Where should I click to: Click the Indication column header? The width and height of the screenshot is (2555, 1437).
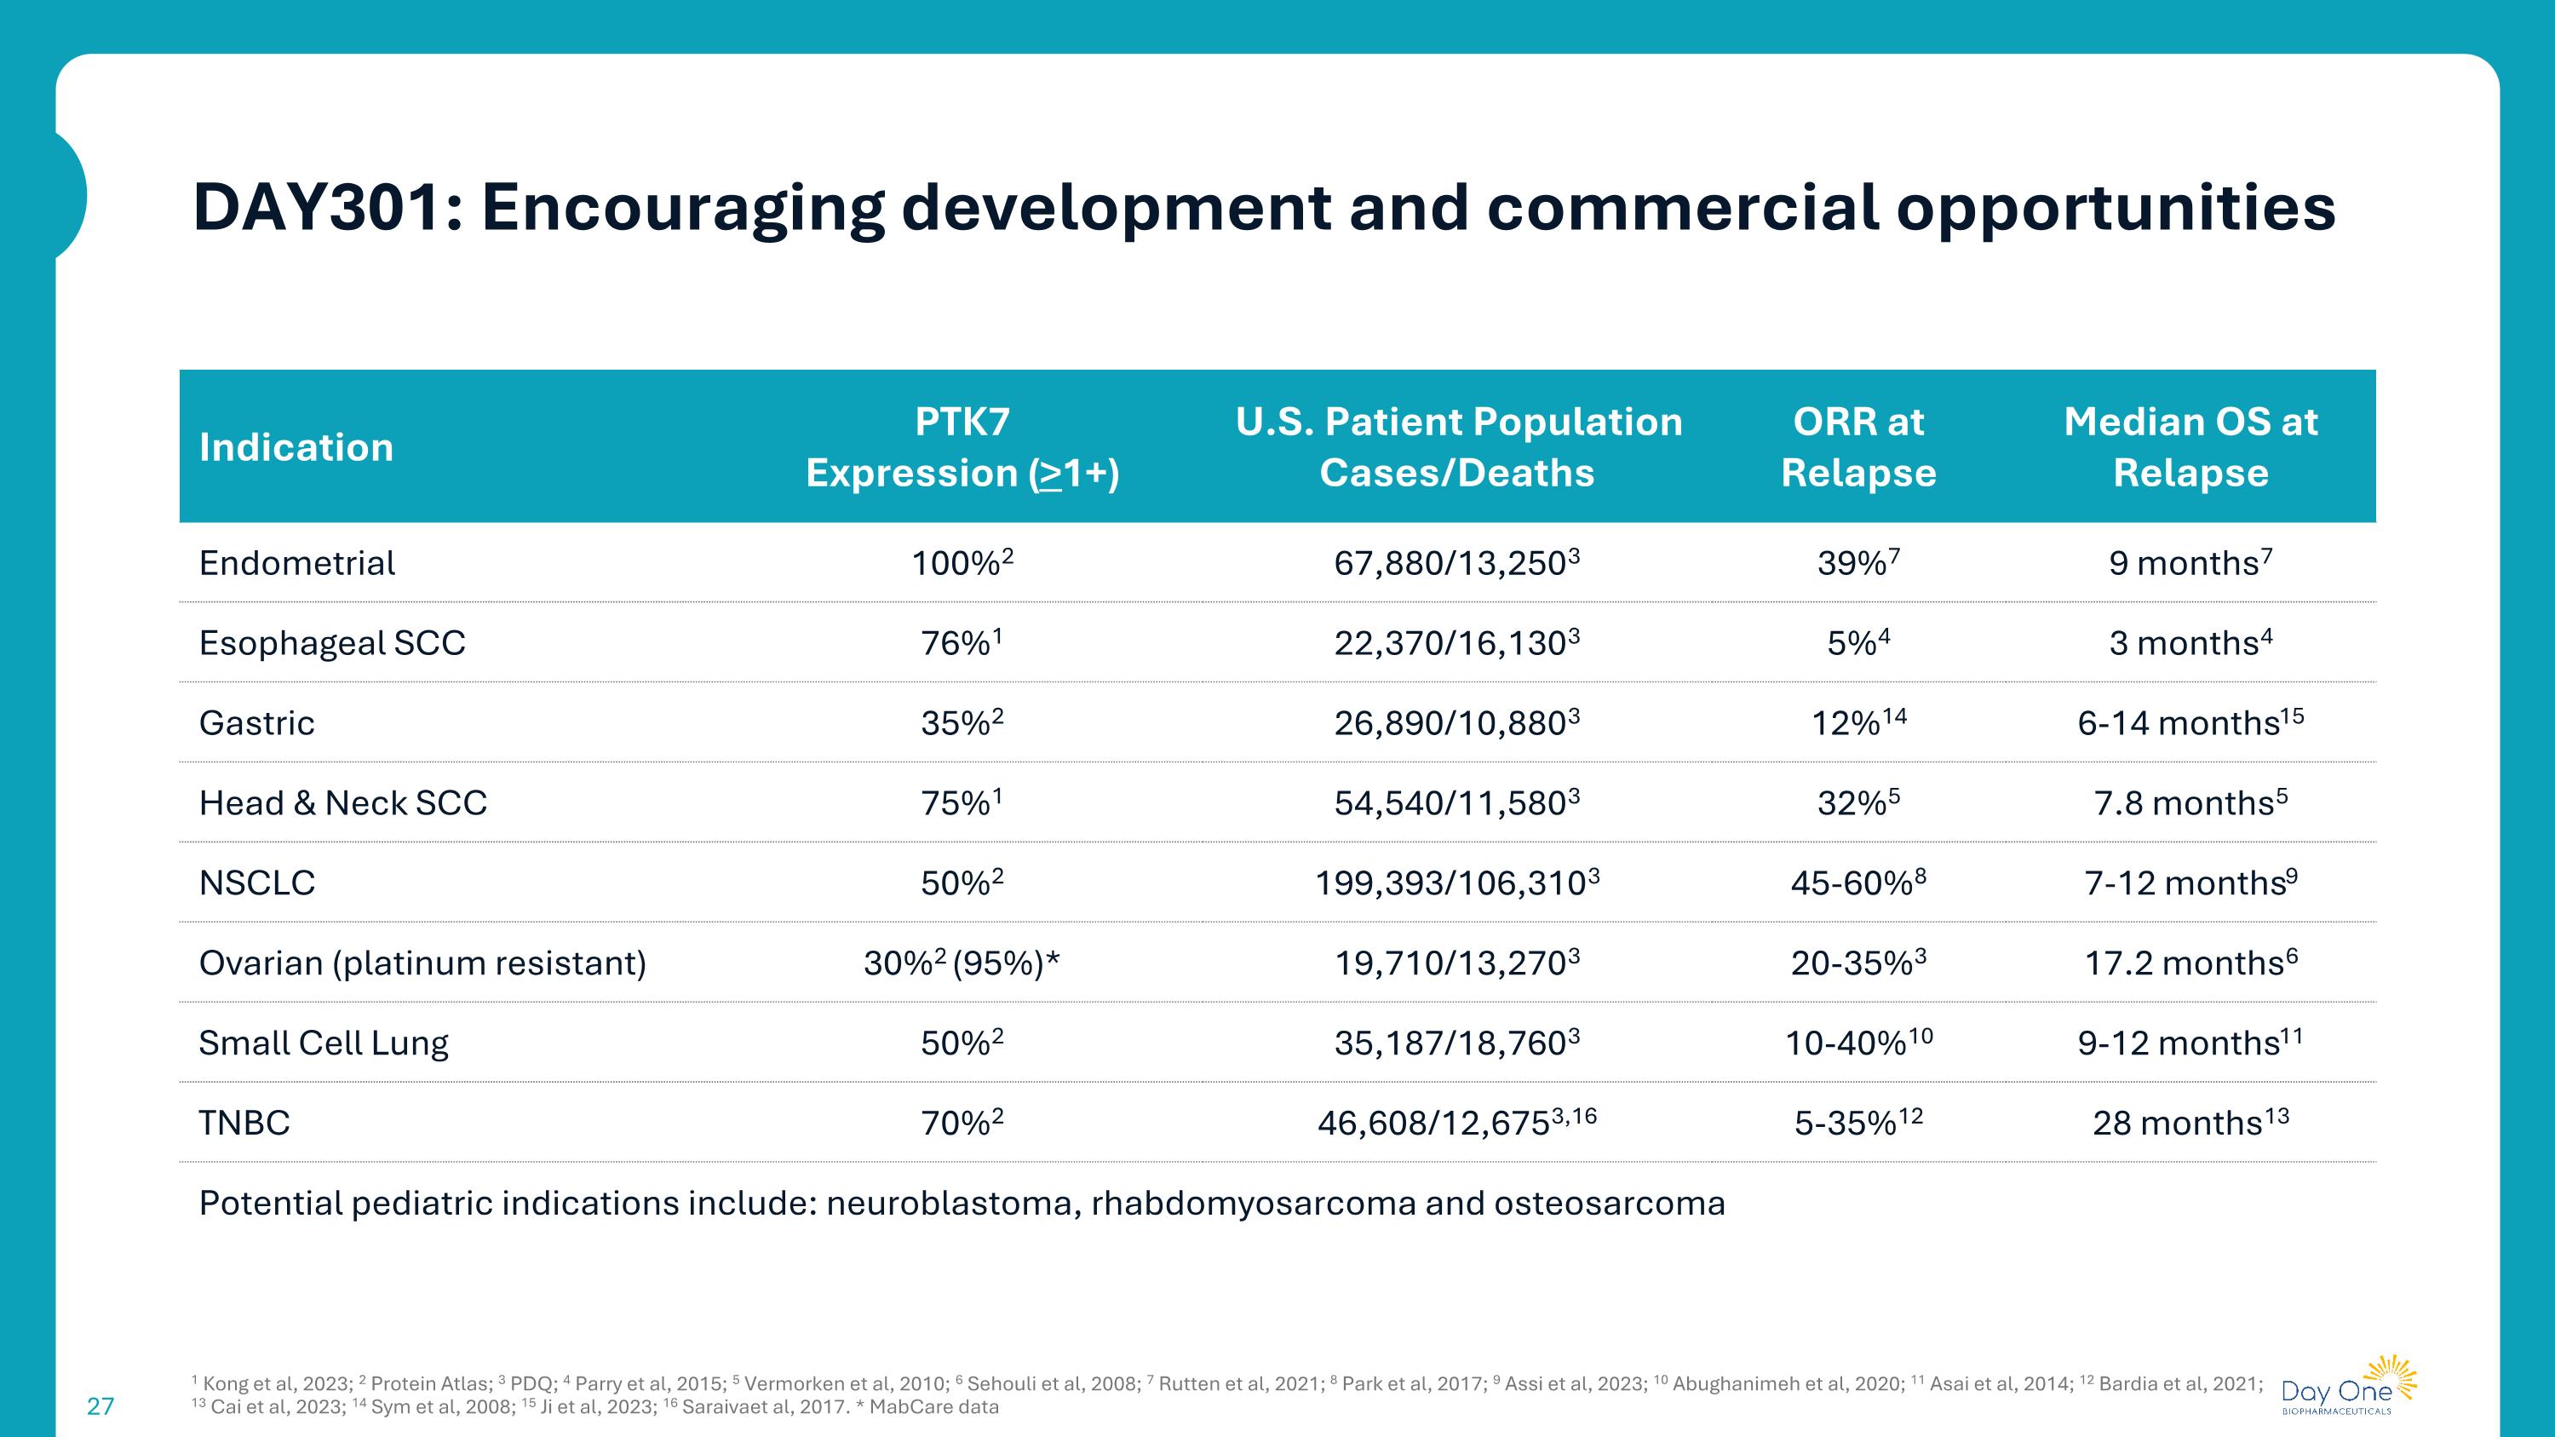(x=296, y=447)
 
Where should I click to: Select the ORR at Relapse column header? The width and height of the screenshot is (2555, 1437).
(x=1857, y=447)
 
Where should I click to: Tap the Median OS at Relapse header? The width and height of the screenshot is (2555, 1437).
(x=2190, y=447)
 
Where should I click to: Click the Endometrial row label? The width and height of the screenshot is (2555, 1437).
(x=296, y=563)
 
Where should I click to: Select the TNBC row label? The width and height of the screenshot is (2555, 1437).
(x=244, y=1123)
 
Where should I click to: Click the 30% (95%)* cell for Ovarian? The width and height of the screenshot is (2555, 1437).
(x=961, y=963)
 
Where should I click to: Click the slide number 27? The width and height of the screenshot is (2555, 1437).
(x=100, y=1406)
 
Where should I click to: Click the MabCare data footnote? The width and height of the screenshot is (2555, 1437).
(x=933, y=1407)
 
